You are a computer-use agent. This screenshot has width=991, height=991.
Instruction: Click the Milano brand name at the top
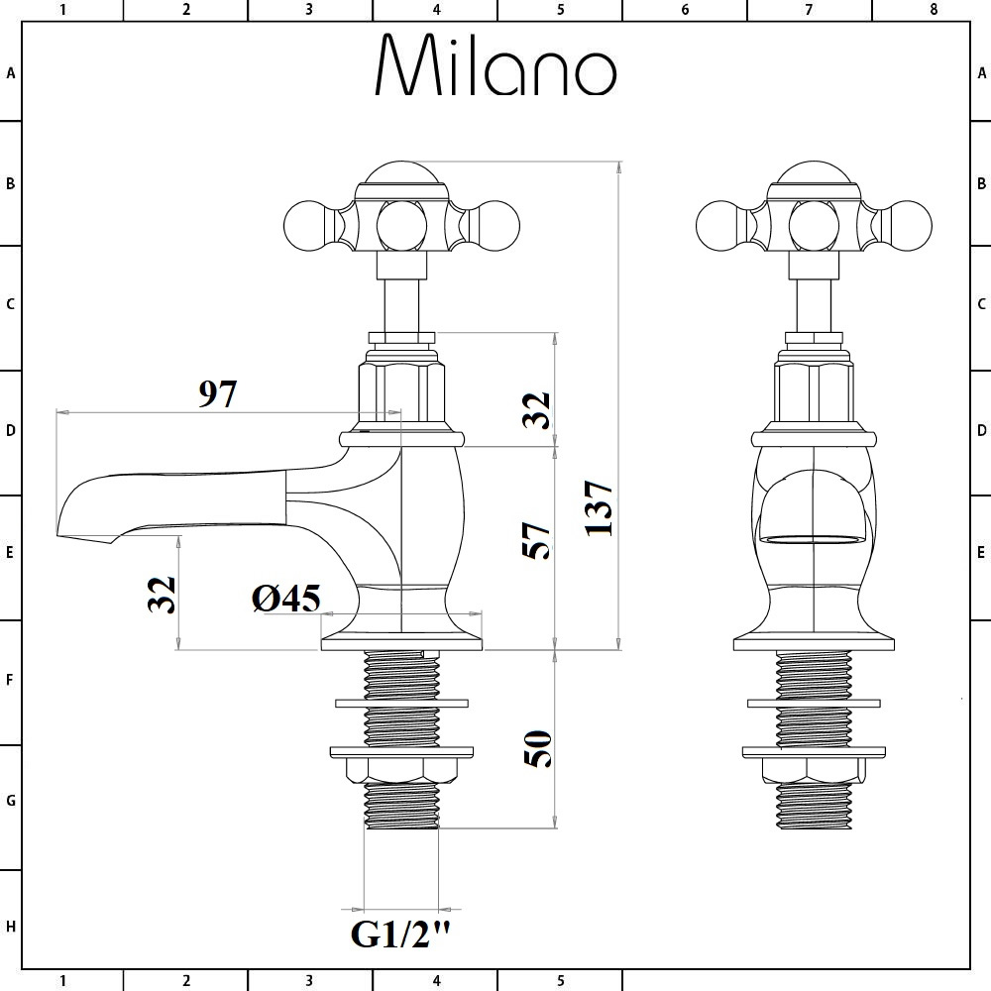click(x=495, y=64)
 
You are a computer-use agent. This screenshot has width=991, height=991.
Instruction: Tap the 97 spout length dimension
click(x=218, y=393)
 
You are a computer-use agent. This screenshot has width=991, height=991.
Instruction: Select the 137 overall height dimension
click(x=598, y=508)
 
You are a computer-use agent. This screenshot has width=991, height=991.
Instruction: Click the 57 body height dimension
click(x=536, y=540)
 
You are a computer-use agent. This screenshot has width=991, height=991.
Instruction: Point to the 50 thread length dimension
click(x=538, y=749)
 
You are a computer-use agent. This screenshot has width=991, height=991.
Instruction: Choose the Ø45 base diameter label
click(x=286, y=598)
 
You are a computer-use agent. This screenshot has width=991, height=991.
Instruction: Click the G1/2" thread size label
click(x=401, y=935)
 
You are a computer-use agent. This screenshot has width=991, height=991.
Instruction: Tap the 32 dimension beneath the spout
click(x=162, y=594)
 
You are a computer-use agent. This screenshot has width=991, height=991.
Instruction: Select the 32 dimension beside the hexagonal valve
click(x=536, y=409)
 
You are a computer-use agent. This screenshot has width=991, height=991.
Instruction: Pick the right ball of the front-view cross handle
click(x=908, y=226)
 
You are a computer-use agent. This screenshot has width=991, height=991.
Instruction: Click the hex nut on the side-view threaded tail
click(x=401, y=770)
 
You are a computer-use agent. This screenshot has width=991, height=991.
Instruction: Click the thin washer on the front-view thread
click(x=814, y=704)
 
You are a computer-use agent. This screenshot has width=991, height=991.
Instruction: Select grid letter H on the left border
click(x=10, y=927)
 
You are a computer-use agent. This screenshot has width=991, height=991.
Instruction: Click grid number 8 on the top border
click(x=934, y=10)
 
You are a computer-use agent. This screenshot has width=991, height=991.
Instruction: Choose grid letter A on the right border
click(x=981, y=73)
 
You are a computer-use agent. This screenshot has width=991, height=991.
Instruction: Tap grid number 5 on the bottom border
click(x=561, y=981)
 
